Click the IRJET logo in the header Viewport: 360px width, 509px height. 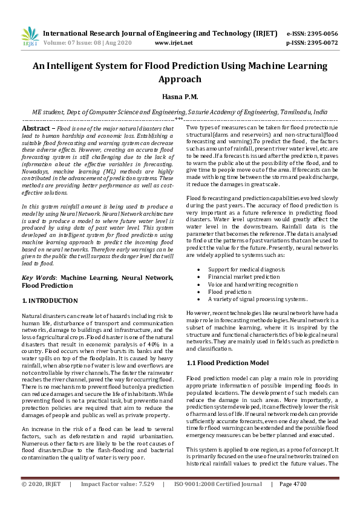point(29,37)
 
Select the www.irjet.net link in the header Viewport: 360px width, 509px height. point(174,44)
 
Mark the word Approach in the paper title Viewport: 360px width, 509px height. point(180,79)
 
